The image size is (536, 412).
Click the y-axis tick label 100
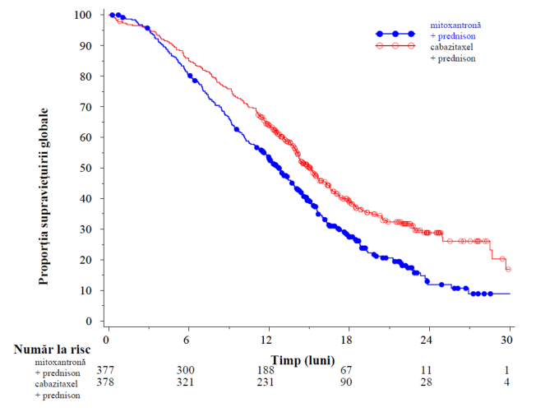click(83, 15)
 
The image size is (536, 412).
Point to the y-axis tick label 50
click(85, 168)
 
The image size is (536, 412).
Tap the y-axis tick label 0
click(89, 321)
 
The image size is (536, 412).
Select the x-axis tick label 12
click(266, 340)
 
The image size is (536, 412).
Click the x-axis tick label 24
click(427, 340)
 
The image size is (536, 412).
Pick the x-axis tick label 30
click(507, 340)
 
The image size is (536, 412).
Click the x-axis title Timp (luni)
click(303, 360)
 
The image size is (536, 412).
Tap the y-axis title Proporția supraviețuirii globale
click(44, 197)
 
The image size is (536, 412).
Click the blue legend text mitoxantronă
click(455, 25)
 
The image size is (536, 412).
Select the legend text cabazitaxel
click(451, 47)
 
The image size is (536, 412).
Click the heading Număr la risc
click(52, 349)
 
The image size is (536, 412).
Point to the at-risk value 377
click(105, 370)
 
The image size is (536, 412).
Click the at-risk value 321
click(186, 382)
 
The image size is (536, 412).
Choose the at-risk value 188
click(266, 370)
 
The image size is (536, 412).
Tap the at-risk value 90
click(346, 382)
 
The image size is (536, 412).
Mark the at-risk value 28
click(427, 382)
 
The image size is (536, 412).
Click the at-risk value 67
click(346, 370)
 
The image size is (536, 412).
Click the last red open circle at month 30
click(508, 269)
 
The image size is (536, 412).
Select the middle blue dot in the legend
click(395, 34)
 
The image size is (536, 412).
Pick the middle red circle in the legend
click(395, 46)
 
